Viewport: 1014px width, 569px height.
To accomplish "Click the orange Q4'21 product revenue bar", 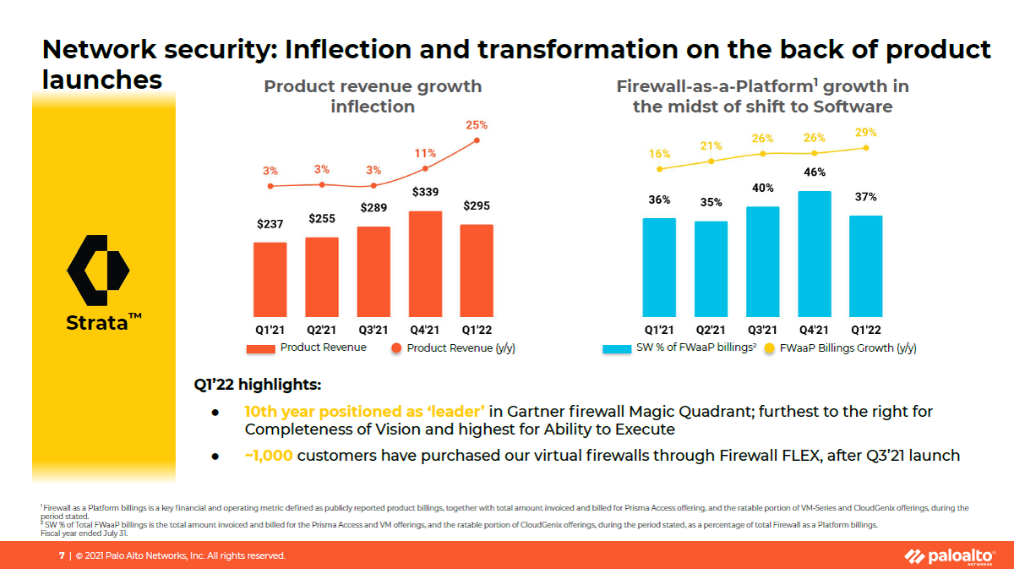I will pyautogui.click(x=425, y=264).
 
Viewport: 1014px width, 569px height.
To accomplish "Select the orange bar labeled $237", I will pyautogui.click(x=270, y=279).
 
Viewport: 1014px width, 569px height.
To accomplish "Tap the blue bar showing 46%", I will pyautogui.click(x=815, y=254).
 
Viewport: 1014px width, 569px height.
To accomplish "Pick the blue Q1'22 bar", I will pyautogui.click(x=866, y=265).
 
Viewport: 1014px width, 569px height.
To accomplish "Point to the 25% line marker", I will pyautogui.click(x=477, y=140).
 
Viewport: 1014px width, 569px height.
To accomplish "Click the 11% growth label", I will pyautogui.click(x=425, y=153).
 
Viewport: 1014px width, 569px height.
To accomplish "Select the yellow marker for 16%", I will pyautogui.click(x=659, y=169).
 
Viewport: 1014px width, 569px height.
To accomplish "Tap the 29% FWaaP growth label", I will pyautogui.click(x=865, y=133).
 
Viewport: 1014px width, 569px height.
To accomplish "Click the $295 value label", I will pyautogui.click(x=477, y=206).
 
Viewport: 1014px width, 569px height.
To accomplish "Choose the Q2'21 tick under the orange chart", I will pyautogui.click(x=322, y=330).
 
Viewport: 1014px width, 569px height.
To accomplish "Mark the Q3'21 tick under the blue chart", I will pyautogui.click(x=763, y=330).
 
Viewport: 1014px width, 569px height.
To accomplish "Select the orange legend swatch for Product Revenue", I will pyautogui.click(x=261, y=348).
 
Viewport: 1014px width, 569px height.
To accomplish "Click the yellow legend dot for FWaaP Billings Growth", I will pyautogui.click(x=770, y=348).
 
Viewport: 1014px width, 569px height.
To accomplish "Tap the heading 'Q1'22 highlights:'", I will pyautogui.click(x=258, y=386).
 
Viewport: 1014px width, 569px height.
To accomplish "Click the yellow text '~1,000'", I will pyautogui.click(x=269, y=456).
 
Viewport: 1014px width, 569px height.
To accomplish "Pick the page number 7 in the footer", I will pyautogui.click(x=61, y=555).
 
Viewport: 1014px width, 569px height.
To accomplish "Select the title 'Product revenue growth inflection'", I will pyautogui.click(x=373, y=96).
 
